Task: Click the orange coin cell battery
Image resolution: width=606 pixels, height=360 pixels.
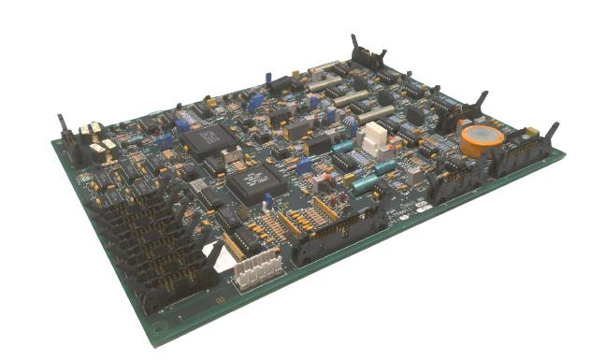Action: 482,140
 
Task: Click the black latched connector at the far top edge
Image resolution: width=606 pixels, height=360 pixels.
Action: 356,56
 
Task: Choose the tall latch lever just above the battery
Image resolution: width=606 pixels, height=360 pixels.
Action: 482,103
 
